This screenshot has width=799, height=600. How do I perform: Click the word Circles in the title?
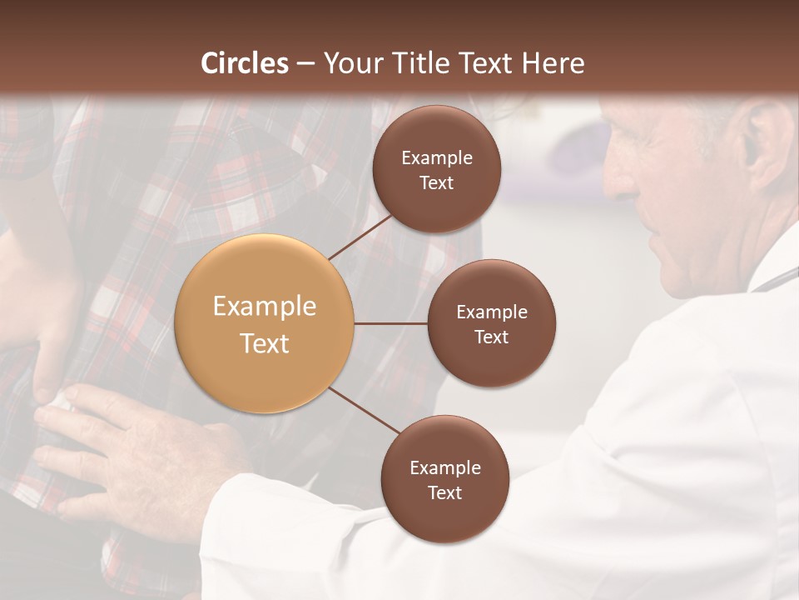[245, 63]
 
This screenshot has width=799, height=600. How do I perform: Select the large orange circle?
[265, 324]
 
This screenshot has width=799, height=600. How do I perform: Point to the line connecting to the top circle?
[360, 236]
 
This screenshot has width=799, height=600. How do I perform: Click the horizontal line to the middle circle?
[390, 323]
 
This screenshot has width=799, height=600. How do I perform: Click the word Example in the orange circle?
[265, 307]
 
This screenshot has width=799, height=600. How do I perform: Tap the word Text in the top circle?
[436, 182]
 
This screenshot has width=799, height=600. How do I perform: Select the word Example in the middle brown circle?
[492, 312]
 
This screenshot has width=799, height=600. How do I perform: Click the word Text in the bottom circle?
[444, 492]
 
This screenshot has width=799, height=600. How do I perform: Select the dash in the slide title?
[305, 63]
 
